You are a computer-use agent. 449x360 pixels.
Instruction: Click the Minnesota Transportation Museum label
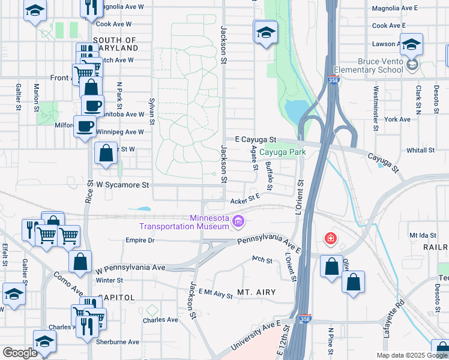point(184,222)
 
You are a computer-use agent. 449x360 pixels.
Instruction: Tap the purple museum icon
point(239,223)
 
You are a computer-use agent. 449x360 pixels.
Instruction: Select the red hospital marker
point(330,239)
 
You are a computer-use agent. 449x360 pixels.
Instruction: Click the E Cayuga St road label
point(255,139)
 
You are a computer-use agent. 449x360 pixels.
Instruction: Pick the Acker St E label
point(244,197)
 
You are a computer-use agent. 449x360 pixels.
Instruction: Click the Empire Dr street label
point(140,241)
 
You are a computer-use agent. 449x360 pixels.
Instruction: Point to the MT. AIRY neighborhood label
point(256,292)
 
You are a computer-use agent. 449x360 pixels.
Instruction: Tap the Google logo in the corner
point(20,352)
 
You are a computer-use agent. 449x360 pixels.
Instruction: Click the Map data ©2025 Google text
point(411,355)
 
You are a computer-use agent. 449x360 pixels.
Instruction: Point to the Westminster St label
point(376,109)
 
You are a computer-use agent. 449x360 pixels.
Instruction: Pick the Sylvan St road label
point(152,112)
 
